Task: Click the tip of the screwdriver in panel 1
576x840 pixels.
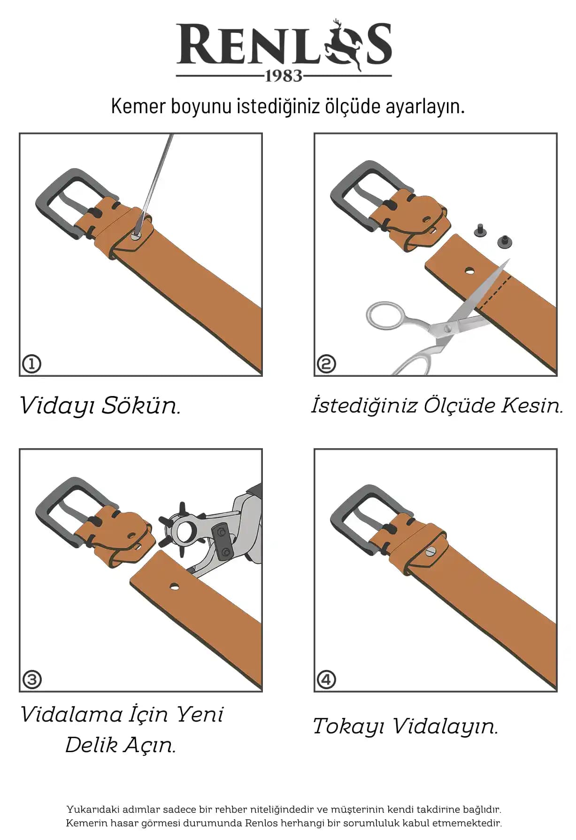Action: point(136,236)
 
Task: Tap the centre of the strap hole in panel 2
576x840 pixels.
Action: point(469,271)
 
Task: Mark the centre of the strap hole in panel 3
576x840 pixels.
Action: point(174,586)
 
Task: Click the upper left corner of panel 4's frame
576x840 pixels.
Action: point(314,449)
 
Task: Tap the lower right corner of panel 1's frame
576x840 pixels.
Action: point(261,376)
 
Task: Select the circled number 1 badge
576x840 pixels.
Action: point(32,364)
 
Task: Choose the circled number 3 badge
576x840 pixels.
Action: point(32,679)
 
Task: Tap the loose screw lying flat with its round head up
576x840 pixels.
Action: point(504,242)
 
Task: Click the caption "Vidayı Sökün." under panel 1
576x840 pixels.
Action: point(100,405)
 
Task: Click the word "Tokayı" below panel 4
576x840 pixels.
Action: point(349,726)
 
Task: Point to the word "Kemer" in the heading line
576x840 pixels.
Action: point(138,106)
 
